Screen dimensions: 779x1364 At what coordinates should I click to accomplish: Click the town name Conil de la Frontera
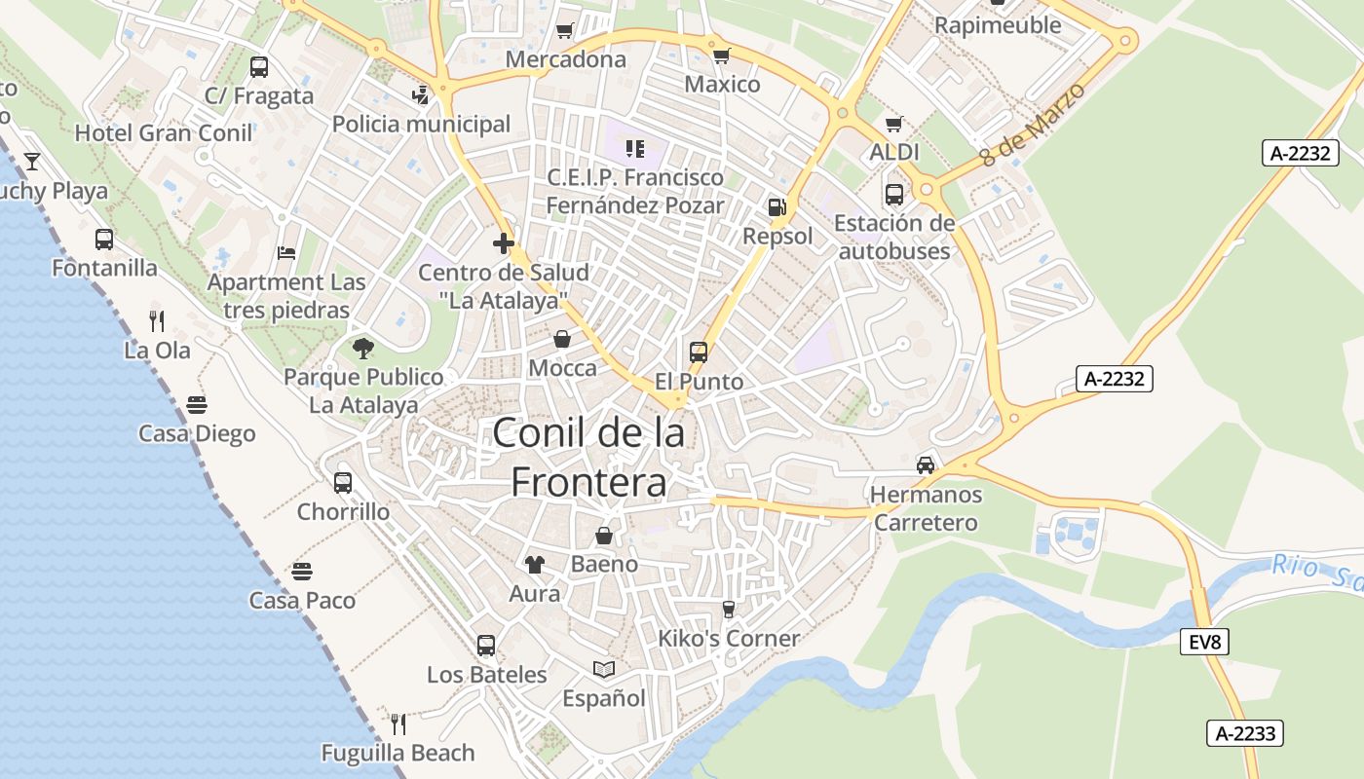[x=588, y=458]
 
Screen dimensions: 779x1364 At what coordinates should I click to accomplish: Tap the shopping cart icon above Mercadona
[x=564, y=31]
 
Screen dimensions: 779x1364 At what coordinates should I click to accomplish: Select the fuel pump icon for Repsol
[x=777, y=207]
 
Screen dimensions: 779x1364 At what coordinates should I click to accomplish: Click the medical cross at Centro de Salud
[x=503, y=243]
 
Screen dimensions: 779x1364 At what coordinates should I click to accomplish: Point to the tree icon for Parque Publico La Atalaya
[x=363, y=348]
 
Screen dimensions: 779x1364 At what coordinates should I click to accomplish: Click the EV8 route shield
[x=1205, y=642]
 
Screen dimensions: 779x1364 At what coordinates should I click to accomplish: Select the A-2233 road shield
[x=1244, y=733]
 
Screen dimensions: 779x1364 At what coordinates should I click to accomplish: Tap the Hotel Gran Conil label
[x=164, y=132]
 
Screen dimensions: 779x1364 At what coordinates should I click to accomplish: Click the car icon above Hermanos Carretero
[x=925, y=465]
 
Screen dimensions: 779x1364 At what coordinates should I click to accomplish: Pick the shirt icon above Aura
[x=535, y=565]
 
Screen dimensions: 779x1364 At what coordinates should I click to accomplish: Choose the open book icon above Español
[x=604, y=670]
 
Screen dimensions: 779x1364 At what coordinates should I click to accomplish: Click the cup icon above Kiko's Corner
[x=728, y=610]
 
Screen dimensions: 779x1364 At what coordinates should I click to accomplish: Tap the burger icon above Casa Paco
[x=302, y=572]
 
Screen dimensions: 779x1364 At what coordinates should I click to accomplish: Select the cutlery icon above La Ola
[x=157, y=320]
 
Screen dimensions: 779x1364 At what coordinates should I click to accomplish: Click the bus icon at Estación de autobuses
[x=894, y=195]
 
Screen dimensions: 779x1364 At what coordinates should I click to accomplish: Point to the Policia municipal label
[x=421, y=125]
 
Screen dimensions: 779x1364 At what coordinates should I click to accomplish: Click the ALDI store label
[x=894, y=153]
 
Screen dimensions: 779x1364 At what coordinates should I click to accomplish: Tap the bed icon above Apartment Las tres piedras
[x=285, y=253]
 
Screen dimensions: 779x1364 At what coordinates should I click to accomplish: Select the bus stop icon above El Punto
[x=699, y=352]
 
